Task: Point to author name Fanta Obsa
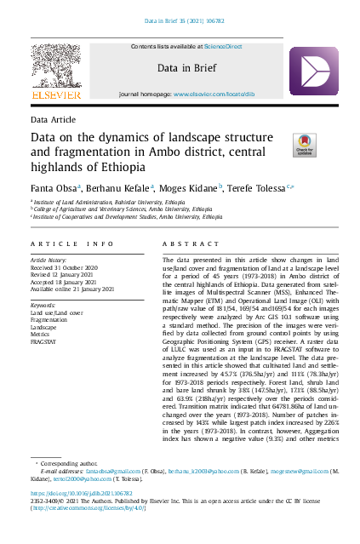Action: tap(54, 187)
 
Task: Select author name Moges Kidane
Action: tap(190, 187)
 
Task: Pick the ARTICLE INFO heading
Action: tap(71, 243)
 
